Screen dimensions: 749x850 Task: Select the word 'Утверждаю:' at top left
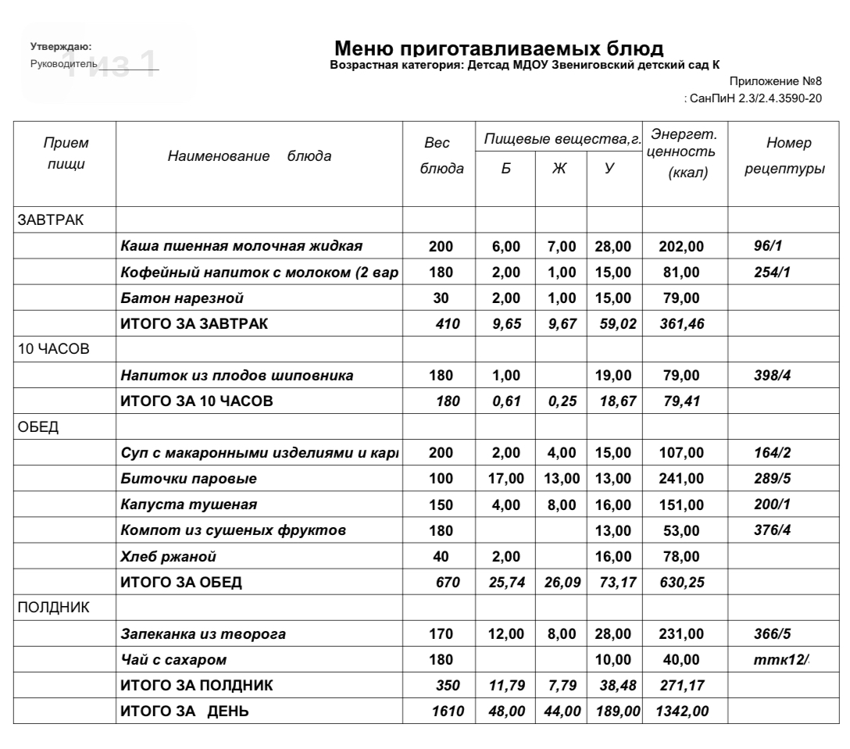[x=60, y=48]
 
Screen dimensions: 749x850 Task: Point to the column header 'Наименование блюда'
[x=249, y=155]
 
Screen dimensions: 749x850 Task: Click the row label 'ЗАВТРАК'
[x=51, y=221]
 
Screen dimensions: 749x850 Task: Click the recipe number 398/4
[x=770, y=376]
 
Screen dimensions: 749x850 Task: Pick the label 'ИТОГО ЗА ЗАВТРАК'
[x=193, y=324]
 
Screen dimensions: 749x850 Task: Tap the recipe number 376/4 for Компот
[x=770, y=530]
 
